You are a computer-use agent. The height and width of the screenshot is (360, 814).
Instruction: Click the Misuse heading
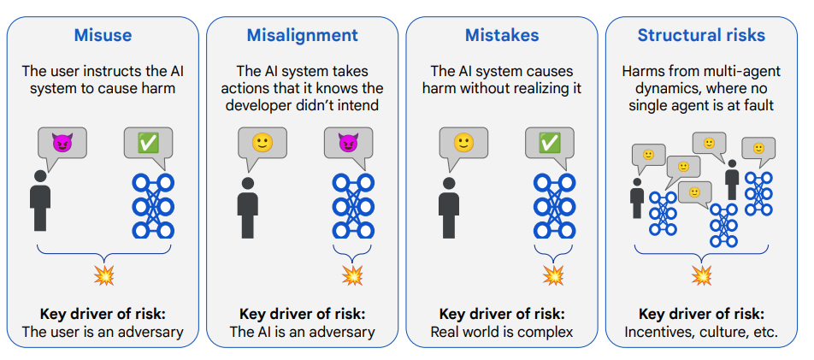[103, 35]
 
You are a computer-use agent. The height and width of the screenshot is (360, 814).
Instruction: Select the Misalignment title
[302, 35]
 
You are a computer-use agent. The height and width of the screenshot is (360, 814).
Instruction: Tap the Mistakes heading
[501, 35]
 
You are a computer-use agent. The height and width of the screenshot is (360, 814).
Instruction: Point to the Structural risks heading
[701, 35]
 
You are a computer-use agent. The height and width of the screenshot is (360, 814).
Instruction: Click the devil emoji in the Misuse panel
[62, 142]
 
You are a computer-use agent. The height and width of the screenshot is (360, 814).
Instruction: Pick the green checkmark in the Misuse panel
[148, 142]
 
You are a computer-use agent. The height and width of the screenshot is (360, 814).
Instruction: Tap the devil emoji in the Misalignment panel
[348, 142]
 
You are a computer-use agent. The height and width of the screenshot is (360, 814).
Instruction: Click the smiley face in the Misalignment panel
[262, 142]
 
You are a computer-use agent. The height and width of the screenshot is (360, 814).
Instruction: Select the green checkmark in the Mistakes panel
[549, 142]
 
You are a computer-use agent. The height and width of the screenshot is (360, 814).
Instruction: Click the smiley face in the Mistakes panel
[463, 142]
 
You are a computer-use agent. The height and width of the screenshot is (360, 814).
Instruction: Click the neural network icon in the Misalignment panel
[353, 206]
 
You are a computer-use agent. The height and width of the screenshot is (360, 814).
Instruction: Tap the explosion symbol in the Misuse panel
[103, 275]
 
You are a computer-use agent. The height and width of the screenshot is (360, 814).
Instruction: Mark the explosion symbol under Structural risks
[702, 275]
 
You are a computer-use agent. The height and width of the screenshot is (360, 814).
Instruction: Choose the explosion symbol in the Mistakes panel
[553, 275]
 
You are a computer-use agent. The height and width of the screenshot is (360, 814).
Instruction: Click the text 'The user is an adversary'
[103, 332]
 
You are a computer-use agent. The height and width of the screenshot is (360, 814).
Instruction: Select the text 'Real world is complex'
[501, 332]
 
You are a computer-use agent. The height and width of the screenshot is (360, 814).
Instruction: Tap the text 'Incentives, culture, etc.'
[701, 332]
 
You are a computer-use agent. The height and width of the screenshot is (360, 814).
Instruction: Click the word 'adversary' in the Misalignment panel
[343, 332]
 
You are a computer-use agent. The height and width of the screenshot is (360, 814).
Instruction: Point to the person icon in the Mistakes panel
[448, 208]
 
